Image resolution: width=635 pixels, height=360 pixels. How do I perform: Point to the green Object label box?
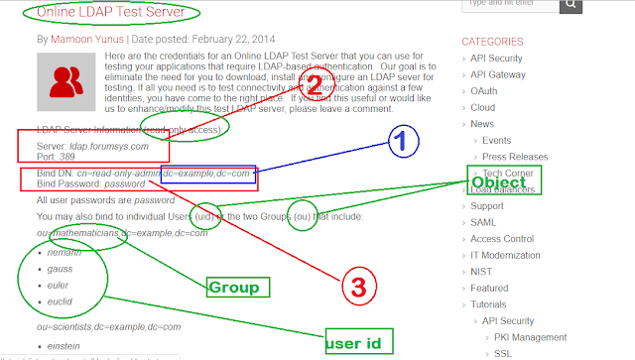499,182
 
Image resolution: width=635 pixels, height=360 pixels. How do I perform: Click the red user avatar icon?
64,80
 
